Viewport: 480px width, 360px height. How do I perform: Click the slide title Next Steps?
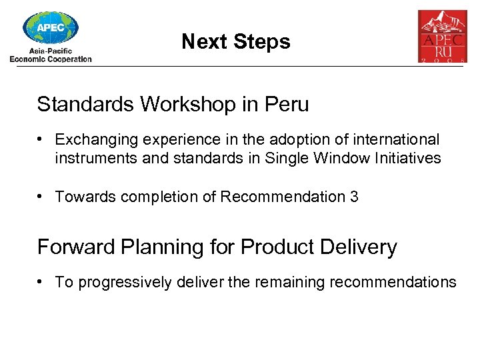coord(235,42)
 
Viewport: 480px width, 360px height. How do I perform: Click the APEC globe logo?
coord(51,28)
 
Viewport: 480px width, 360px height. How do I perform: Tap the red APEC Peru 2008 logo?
coord(442,37)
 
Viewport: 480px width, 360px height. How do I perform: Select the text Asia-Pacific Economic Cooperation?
coord(51,55)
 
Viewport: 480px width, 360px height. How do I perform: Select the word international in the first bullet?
coord(399,140)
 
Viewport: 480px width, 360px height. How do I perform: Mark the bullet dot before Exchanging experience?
coord(41,139)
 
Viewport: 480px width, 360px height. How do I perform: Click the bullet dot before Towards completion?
coord(41,196)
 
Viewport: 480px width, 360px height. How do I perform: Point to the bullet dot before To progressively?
coord(41,281)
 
